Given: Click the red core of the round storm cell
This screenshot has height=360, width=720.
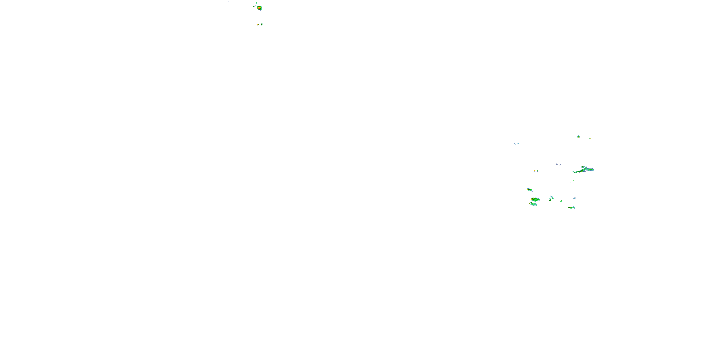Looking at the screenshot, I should [x=259, y=8].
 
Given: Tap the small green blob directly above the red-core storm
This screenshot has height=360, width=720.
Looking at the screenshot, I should [x=257, y=3].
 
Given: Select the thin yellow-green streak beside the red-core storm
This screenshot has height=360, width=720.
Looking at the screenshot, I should [x=254, y=6].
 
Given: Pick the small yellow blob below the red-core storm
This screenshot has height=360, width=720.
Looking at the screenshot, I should [x=258, y=24].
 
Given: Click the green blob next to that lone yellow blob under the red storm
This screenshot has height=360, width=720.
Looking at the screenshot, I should [x=262, y=24].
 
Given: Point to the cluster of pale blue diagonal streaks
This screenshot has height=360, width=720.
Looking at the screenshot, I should [x=517, y=143].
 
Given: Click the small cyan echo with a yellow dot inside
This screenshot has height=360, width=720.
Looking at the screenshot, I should [x=578, y=137].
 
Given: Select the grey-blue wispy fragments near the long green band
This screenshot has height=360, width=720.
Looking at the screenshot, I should [x=558, y=164].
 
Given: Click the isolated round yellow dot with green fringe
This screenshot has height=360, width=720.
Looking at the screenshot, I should [x=534, y=170].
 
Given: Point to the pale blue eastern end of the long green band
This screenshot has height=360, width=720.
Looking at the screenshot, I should [x=591, y=169].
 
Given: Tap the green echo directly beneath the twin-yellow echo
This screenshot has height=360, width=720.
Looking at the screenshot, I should [x=533, y=204].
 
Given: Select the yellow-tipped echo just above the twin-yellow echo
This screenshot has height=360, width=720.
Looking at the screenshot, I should [x=529, y=190].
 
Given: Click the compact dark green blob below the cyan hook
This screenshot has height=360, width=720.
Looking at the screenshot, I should [x=550, y=200].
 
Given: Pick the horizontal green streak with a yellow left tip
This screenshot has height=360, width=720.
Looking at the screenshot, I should [x=572, y=207].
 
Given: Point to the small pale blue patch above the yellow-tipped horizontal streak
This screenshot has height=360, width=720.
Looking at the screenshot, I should [x=574, y=198].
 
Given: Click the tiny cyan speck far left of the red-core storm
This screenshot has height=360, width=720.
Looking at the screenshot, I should [x=229, y=1].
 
